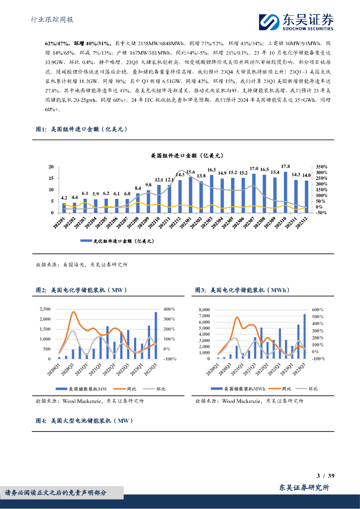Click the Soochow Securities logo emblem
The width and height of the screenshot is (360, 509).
click(269, 21)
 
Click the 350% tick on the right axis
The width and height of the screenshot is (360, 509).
click(321, 167)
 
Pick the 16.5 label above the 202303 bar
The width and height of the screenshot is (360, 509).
click(212, 170)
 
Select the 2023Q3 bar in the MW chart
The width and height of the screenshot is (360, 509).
click(156, 336)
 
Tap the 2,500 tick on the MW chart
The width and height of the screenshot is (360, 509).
click(44, 309)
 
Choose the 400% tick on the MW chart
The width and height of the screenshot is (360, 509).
click(170, 309)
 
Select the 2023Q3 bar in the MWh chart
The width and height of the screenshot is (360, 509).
click(305, 336)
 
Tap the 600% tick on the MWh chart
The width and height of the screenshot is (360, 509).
click(318, 310)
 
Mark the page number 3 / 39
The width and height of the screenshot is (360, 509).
click(326, 476)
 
